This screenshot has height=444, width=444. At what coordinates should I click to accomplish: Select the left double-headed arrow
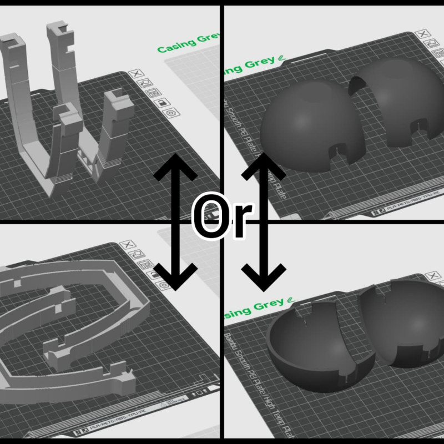coord(175,222)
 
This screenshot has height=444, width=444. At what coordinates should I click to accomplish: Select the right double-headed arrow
coord(264,222)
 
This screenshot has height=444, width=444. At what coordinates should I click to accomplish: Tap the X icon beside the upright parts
coord(135,74)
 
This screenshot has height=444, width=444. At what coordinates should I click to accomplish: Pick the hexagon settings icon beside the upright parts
coord(171,113)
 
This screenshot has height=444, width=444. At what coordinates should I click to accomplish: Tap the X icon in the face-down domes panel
coord(423,34)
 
